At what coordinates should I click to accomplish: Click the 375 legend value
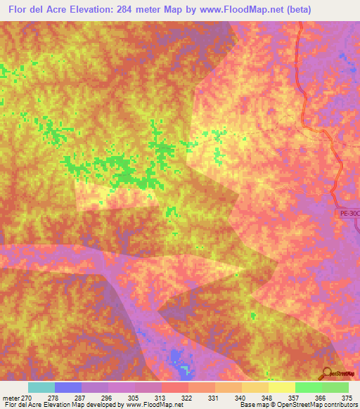click(x=347, y=397)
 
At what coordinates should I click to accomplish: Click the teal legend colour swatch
click(x=41, y=387)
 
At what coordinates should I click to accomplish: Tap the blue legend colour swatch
click(x=68, y=387)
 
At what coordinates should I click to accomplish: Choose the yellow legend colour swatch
click(x=282, y=387)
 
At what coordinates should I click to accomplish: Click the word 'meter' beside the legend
click(x=9, y=397)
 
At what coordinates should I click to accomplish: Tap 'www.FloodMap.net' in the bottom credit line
click(x=151, y=405)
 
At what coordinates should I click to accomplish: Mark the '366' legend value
click(x=320, y=397)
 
